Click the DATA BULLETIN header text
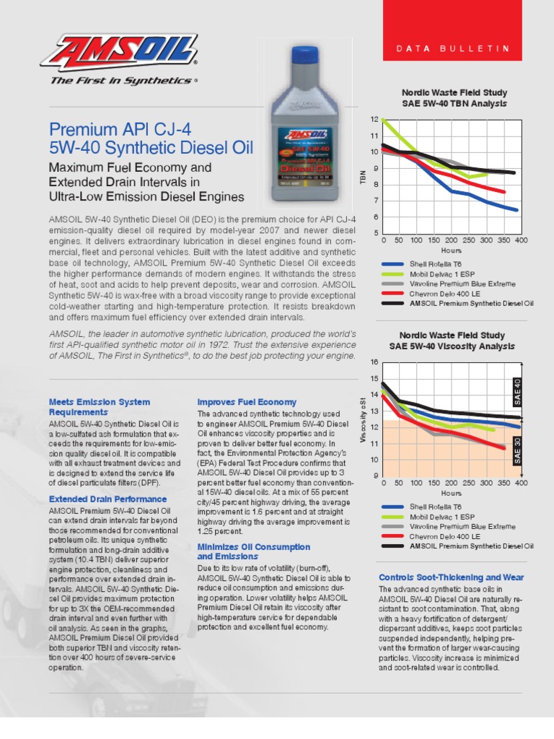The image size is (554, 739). (454, 48)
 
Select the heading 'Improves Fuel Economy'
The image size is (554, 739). (247, 402)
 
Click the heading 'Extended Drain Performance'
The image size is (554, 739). (107, 499)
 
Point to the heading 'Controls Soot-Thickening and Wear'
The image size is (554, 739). (451, 577)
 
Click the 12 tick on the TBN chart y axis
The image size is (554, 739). (374, 118)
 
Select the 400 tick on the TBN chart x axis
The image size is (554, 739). (521, 240)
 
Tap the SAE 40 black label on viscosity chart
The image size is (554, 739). (517, 390)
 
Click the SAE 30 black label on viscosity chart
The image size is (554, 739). (517, 455)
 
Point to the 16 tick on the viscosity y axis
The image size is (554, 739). (374, 361)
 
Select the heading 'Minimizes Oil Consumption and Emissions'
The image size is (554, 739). (253, 552)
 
